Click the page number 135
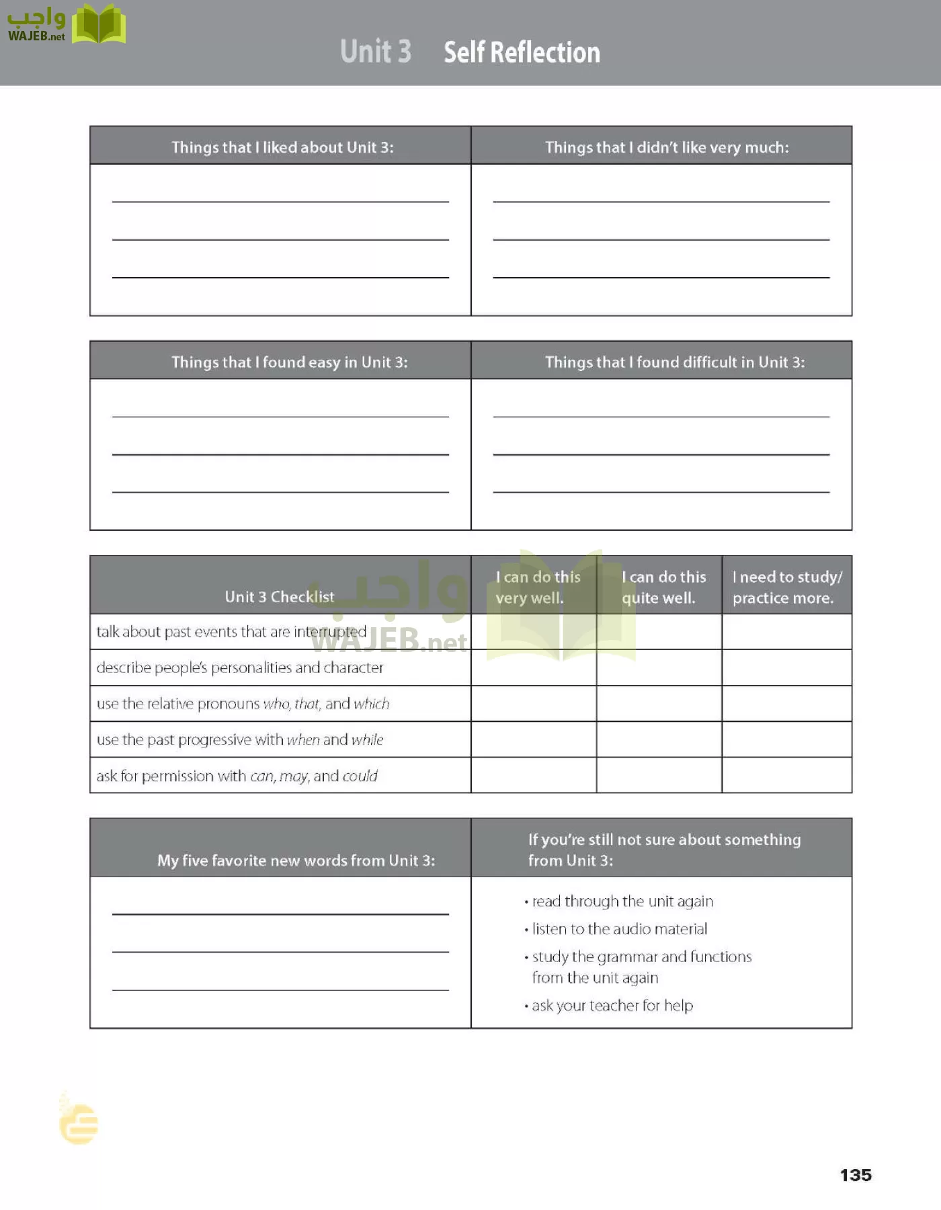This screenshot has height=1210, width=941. coord(855,1175)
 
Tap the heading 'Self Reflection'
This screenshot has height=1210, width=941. coord(522,52)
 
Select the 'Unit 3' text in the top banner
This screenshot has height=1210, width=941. coord(375,52)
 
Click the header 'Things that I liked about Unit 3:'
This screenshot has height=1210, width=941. coord(282,147)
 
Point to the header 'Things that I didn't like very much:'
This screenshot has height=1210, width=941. coord(667,147)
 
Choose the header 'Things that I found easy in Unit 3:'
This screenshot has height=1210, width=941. coord(289,362)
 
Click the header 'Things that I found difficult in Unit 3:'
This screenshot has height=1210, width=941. coord(675,362)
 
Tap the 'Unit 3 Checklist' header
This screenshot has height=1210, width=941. coord(279,596)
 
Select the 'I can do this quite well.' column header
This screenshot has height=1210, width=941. coord(663,587)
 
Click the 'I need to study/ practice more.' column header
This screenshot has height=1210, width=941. coord(786,587)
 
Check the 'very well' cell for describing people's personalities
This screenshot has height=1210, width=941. coord(534,668)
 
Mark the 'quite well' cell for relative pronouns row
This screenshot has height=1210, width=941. coord(659,704)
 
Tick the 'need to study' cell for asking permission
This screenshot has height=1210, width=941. coord(786,776)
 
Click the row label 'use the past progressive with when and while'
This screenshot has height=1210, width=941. coord(240,739)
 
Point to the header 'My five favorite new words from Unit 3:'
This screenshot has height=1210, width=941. coord(296,860)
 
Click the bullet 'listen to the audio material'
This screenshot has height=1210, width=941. coord(619,929)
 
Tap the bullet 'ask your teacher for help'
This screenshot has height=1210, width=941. coord(612,1006)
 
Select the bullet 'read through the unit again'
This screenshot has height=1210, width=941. coord(622,901)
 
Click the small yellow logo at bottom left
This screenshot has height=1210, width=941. coord(78,1121)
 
